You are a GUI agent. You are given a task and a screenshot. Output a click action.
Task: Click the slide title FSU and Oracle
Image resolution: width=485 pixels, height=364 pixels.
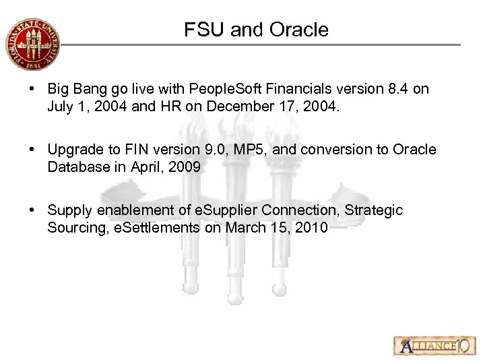[x=256, y=30]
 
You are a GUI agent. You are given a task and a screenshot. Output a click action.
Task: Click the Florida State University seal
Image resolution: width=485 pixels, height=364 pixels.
[x=32, y=44]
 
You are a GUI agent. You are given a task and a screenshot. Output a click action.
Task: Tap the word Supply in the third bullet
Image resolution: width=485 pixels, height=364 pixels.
[x=68, y=210]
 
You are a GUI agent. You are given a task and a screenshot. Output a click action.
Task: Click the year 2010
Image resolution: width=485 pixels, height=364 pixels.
[x=311, y=228]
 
